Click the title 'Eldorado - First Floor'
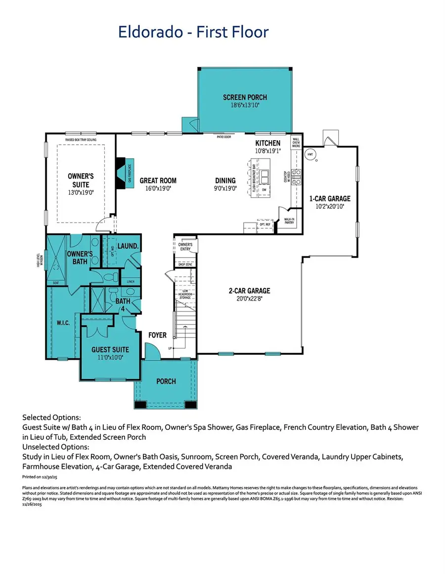[193, 32]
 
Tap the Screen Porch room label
[241, 98]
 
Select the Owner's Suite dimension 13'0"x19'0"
[80, 192]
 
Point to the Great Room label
[158, 181]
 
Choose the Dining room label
[225, 181]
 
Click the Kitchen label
[267, 143]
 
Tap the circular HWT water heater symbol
[310, 154]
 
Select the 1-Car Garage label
[330, 198]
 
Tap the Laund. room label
[127, 245]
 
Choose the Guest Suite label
[110, 349]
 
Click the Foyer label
[157, 335]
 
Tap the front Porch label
[166, 381]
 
